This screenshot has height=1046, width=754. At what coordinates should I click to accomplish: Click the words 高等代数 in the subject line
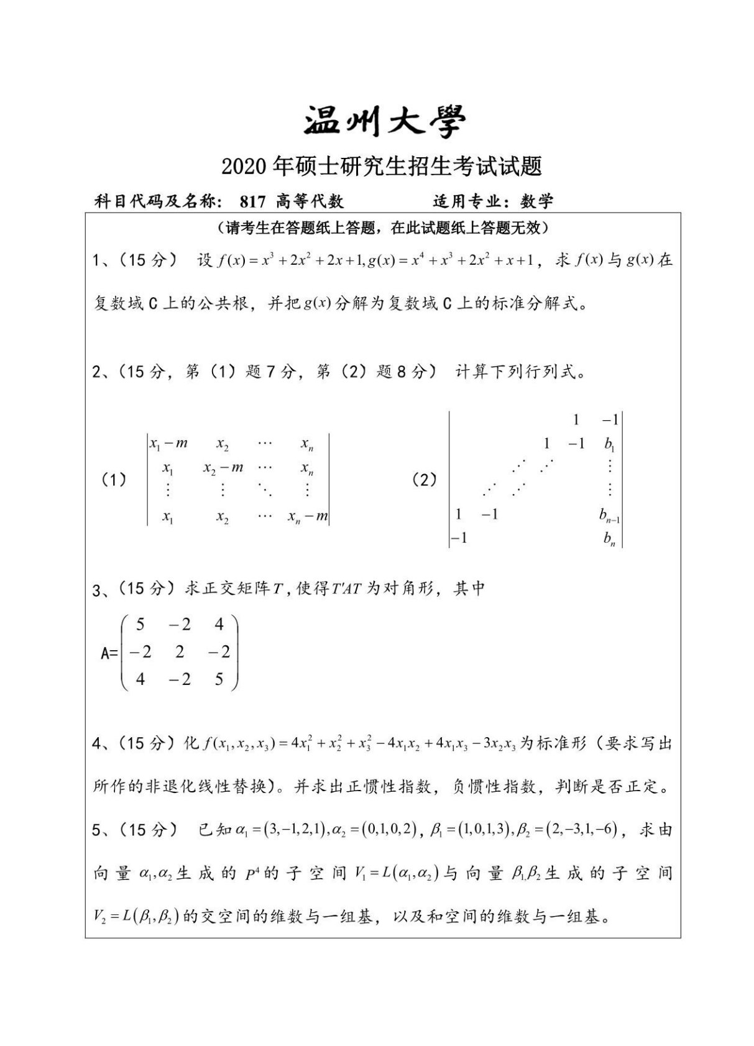click(310, 201)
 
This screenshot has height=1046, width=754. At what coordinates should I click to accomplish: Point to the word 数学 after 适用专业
click(536, 201)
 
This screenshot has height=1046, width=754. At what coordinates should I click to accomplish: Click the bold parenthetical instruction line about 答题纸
click(383, 229)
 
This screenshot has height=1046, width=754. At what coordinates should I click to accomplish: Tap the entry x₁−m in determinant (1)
click(168, 444)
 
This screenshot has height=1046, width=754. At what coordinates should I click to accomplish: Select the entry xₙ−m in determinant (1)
click(308, 516)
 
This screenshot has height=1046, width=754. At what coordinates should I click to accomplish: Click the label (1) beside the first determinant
click(114, 480)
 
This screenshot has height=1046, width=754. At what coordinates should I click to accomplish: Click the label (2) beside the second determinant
click(425, 480)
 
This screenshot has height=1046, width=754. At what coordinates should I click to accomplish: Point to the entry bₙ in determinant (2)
click(609, 538)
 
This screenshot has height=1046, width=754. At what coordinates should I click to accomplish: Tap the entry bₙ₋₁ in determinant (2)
click(609, 515)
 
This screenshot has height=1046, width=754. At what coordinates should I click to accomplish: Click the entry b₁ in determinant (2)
click(609, 444)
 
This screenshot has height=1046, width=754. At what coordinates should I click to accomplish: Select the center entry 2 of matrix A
click(180, 651)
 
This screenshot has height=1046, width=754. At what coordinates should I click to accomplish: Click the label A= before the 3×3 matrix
click(109, 653)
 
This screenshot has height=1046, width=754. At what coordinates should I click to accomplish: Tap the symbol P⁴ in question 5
click(252, 874)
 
